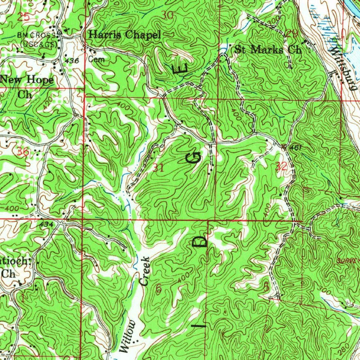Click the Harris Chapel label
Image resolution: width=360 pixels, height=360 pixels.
[x=124, y=35]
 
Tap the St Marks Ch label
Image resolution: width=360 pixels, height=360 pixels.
[x=268, y=50]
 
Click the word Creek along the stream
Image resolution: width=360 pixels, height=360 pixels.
[x=145, y=271]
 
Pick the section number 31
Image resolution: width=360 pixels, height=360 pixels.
[x=159, y=168]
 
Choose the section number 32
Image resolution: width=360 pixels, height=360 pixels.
[x=282, y=167]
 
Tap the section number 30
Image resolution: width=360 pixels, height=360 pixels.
[x=168, y=15]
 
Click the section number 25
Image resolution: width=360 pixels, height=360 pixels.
[x=24, y=16]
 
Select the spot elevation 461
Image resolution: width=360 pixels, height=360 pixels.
[x=296, y=148]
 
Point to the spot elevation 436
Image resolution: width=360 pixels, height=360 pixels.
[x=72, y=61]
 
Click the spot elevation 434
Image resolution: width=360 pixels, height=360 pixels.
[x=46, y=224]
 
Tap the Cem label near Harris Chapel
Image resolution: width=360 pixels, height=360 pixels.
[x=96, y=59]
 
